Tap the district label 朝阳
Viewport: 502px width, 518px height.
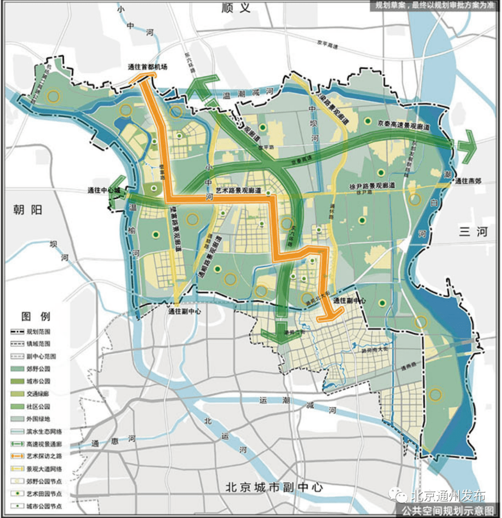coord(27,210)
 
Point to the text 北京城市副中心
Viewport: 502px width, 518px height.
coord(274,488)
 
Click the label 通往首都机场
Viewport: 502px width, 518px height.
coord(147,67)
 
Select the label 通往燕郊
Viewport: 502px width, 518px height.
coord(469,181)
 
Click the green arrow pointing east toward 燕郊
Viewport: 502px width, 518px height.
coord(468,145)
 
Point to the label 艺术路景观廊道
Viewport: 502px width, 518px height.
coord(237,191)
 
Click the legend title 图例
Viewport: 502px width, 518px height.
coord(36,317)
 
